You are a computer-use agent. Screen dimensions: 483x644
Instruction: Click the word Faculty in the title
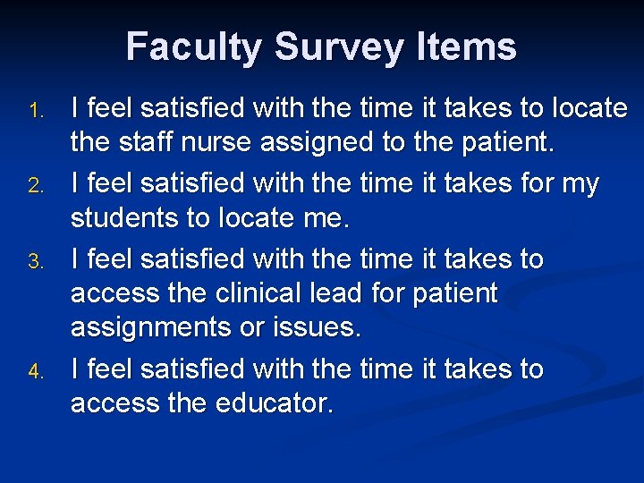(x=189, y=47)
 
